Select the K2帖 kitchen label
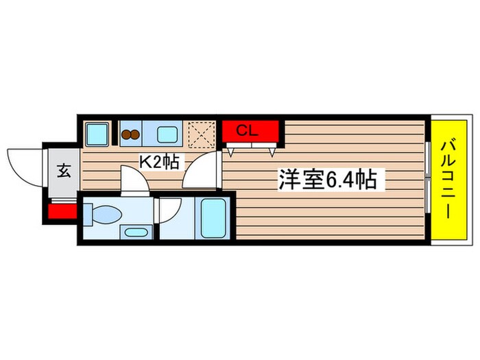[x=160, y=163]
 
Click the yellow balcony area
[x=447, y=182]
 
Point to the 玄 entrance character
[x=62, y=171]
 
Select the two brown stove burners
[x=130, y=134]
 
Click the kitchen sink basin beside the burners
[x=167, y=134]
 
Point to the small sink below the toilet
[x=134, y=232]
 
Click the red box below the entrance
[x=62, y=211]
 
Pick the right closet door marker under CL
[x=274, y=149]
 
